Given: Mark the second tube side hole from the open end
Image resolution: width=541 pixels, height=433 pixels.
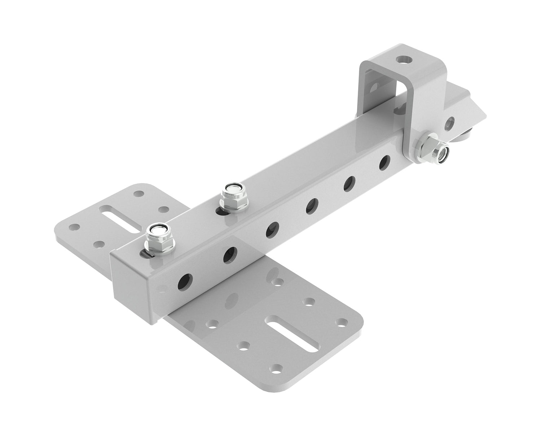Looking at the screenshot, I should (230, 254).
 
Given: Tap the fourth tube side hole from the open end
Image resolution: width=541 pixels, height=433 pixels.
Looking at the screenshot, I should (311, 206).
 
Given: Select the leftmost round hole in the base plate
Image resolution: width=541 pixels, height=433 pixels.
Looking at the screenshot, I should (74, 227).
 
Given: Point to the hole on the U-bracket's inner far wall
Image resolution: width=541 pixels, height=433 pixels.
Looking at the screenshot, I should (375, 86).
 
